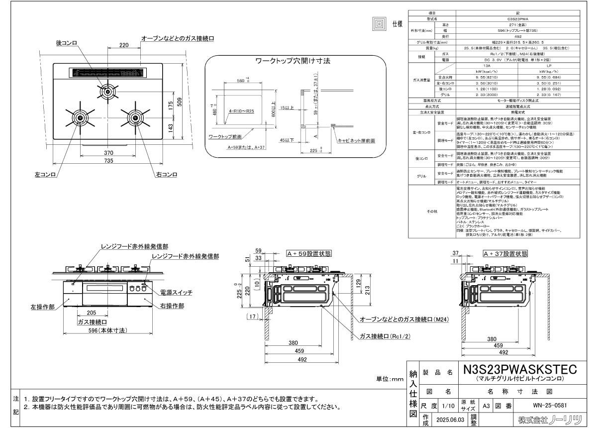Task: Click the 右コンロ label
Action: point(166,175)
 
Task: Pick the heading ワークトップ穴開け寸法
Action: point(293,61)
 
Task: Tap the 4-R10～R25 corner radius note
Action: point(241,111)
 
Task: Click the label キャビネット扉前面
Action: point(356,141)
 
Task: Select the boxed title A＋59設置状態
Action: point(309,253)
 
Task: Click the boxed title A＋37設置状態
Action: point(505,253)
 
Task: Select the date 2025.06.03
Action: point(450,420)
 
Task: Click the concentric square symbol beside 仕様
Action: point(380,24)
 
